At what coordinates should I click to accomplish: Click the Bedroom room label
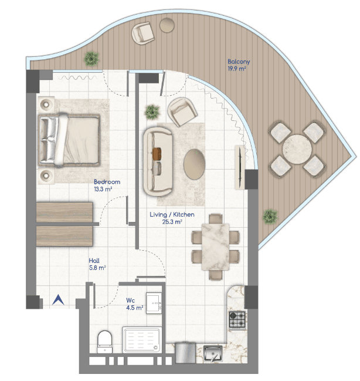(107, 182)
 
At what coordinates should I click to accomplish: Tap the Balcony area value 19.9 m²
(237, 69)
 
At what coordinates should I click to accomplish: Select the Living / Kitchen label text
(172, 214)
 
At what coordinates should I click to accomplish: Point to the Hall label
(94, 261)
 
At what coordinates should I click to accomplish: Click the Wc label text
(130, 301)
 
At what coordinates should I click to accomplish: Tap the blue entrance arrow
(58, 300)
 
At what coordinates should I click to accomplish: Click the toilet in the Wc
(105, 342)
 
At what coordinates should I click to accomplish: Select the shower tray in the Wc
(142, 340)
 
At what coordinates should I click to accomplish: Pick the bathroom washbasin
(154, 303)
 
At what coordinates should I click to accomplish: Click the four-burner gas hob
(237, 319)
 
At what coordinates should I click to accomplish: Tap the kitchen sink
(213, 353)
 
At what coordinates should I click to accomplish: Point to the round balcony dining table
(297, 149)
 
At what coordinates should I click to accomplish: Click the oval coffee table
(194, 164)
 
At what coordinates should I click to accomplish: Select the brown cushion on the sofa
(157, 154)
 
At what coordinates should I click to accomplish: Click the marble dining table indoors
(216, 247)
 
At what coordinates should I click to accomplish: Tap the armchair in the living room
(182, 112)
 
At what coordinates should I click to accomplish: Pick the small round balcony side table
(167, 25)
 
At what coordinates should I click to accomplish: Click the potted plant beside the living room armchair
(152, 112)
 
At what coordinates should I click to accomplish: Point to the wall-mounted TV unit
(240, 167)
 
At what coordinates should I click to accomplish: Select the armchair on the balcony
(143, 33)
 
